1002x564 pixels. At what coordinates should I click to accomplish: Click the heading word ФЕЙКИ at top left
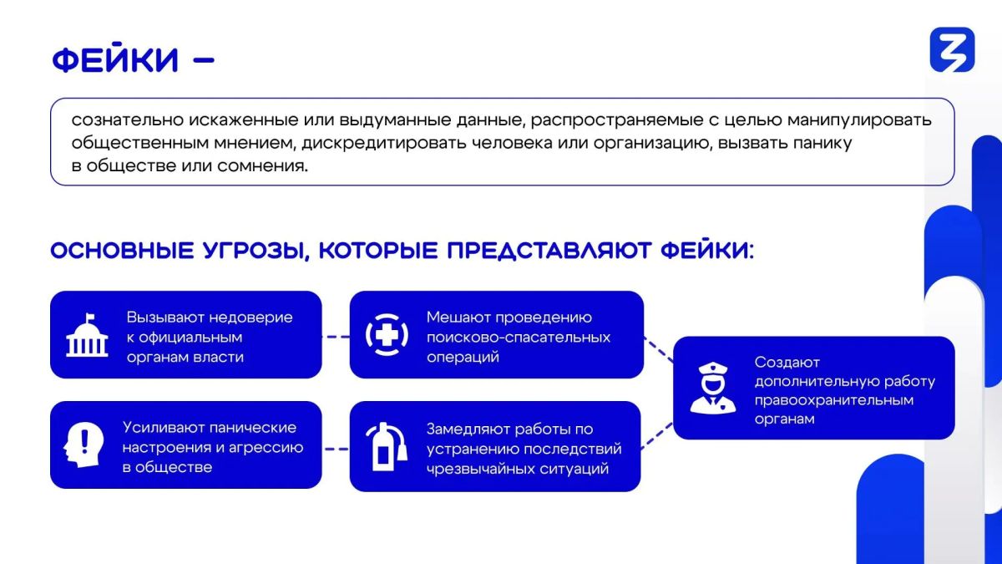click(115, 58)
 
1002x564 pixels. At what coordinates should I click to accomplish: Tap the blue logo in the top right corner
click(953, 49)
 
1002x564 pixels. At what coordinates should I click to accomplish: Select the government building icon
click(87, 335)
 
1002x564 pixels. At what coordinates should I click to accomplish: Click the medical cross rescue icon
click(387, 335)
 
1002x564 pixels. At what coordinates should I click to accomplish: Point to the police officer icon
click(713, 388)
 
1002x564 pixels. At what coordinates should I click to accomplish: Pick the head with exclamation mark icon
click(83, 445)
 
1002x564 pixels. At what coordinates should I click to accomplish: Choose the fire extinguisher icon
click(387, 446)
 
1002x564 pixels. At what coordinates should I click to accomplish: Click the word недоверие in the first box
click(251, 318)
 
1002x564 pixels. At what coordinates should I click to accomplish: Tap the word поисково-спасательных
click(519, 337)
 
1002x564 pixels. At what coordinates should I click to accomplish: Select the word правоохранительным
click(834, 399)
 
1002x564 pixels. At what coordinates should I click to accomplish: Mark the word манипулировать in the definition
click(859, 120)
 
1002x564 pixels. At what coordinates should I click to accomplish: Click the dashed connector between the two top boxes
click(336, 337)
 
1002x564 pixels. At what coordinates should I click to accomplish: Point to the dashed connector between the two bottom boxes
click(336, 449)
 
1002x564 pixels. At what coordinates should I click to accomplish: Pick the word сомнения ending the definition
click(262, 166)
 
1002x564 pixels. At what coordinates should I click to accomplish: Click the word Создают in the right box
click(787, 362)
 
